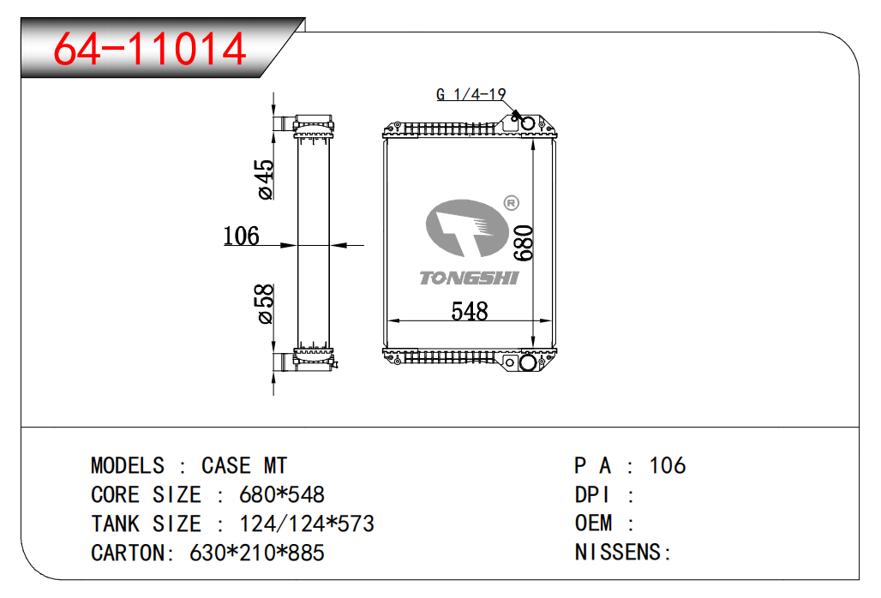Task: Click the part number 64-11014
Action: (x=150, y=49)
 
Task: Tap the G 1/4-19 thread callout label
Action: (x=470, y=94)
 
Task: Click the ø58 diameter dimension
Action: (x=266, y=304)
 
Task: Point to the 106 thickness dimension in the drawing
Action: (x=241, y=236)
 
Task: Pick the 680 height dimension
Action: (x=524, y=243)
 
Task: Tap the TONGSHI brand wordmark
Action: (x=469, y=278)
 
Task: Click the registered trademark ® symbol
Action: (x=511, y=203)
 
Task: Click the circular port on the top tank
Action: (x=529, y=124)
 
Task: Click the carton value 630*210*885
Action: (x=256, y=553)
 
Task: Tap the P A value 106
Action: (x=668, y=466)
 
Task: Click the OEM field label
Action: (x=593, y=523)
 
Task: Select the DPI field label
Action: (x=592, y=495)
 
